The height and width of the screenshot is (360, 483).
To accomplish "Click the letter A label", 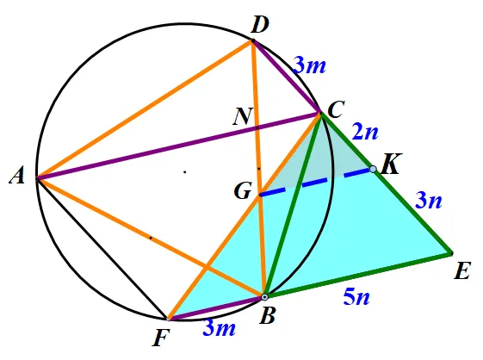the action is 17,177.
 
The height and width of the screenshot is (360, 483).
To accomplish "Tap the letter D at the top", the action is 260,25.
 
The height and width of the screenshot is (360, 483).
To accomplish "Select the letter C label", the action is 336,110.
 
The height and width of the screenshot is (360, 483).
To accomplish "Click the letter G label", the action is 243,191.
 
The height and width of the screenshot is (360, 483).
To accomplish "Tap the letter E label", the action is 462,271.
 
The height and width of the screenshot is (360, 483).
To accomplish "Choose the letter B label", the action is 267,315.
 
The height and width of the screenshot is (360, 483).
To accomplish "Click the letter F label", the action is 161,338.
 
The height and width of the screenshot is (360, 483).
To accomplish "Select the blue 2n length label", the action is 365,133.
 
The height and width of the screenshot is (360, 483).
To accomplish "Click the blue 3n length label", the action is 429,201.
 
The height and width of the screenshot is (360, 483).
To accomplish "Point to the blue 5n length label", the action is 356,297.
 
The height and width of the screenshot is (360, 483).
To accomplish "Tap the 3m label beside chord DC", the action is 309,65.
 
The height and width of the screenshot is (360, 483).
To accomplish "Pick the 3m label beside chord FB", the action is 219,328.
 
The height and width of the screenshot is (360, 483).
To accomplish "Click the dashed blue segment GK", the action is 317,182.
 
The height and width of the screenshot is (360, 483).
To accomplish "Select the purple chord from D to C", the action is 287,77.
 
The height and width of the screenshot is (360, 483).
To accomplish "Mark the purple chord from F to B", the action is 216,307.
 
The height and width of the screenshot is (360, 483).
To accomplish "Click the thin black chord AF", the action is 102,248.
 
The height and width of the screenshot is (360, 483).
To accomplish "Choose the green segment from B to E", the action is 357,275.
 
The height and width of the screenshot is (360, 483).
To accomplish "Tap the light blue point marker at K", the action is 373,169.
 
